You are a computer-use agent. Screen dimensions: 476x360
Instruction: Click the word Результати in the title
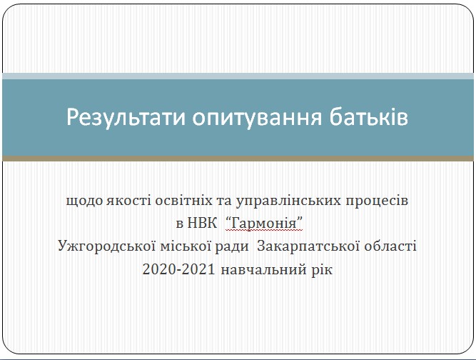[x=126, y=118]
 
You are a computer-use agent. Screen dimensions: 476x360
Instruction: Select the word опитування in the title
[x=256, y=118]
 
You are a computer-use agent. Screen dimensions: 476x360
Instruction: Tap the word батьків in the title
[x=368, y=116]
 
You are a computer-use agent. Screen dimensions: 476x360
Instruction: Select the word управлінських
[x=288, y=201]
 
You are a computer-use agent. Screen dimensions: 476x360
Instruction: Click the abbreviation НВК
[x=202, y=224]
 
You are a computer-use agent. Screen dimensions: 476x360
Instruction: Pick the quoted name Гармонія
[x=264, y=224]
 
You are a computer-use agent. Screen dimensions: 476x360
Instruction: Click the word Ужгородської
[x=106, y=246]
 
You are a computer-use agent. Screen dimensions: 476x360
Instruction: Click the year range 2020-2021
[x=179, y=269]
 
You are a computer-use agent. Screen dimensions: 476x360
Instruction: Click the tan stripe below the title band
[x=238, y=159]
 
